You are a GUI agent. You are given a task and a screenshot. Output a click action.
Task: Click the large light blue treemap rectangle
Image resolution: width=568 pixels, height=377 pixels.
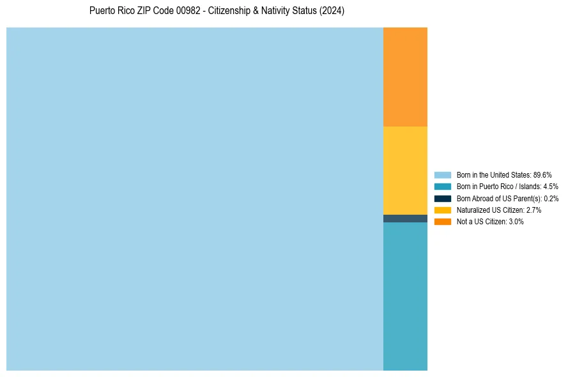(x=195, y=199)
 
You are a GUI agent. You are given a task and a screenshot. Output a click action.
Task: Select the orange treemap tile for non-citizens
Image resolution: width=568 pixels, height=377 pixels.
(x=405, y=77)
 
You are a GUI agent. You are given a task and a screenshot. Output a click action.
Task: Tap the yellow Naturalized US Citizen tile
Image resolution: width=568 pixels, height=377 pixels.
(x=405, y=170)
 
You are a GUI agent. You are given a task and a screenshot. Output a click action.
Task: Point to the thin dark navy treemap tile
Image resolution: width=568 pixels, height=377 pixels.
(x=405, y=219)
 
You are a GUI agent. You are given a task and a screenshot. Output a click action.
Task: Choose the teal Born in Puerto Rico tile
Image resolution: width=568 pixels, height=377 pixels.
(x=405, y=296)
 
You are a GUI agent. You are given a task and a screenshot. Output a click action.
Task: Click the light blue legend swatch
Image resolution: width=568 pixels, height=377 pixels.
(x=443, y=175)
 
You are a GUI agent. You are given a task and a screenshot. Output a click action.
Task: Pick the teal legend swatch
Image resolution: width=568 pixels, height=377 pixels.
(x=443, y=187)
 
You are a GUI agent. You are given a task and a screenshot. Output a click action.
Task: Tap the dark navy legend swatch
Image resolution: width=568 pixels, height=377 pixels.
(x=443, y=198)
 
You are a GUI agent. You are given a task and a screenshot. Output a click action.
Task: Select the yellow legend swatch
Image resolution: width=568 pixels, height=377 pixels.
(x=443, y=210)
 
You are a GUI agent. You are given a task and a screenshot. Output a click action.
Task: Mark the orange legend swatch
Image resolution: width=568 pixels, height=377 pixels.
(x=443, y=221)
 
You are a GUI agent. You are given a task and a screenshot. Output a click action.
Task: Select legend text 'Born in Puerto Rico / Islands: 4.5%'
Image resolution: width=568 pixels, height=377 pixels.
(x=507, y=187)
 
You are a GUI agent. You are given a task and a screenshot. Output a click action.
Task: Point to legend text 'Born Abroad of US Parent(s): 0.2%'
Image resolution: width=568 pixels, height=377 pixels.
(x=507, y=198)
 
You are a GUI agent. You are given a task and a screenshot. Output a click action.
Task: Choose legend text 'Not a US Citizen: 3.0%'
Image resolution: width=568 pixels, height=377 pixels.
(x=490, y=221)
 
